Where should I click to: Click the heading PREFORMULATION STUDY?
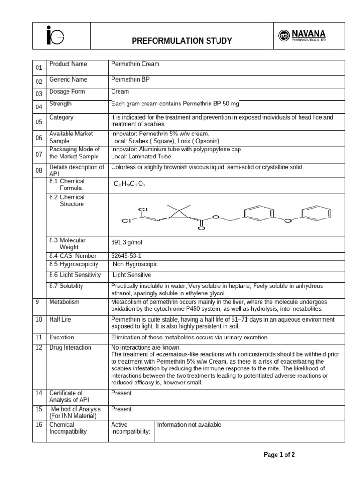(182, 41)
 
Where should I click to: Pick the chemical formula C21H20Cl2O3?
(130, 184)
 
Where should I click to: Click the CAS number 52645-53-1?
(127, 256)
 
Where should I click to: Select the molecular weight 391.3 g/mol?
(127, 243)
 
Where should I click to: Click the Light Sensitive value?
(132, 275)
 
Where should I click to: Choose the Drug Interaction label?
(70, 347)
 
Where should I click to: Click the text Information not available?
(189, 425)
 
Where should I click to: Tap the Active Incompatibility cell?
(130, 428)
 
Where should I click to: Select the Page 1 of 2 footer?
(279, 455)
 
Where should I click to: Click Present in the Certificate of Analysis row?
(121, 393)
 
